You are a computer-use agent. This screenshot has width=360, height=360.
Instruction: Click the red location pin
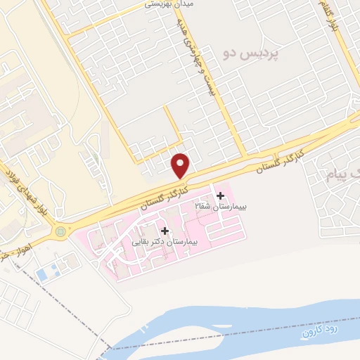(x=181, y=165)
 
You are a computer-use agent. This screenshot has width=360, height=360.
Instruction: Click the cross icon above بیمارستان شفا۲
(x=221, y=195)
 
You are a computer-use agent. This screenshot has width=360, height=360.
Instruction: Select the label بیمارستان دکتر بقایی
(x=167, y=241)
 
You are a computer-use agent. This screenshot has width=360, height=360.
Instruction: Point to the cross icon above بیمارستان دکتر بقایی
(x=165, y=231)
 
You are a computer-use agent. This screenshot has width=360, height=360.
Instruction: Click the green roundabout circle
(x=60, y=230)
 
